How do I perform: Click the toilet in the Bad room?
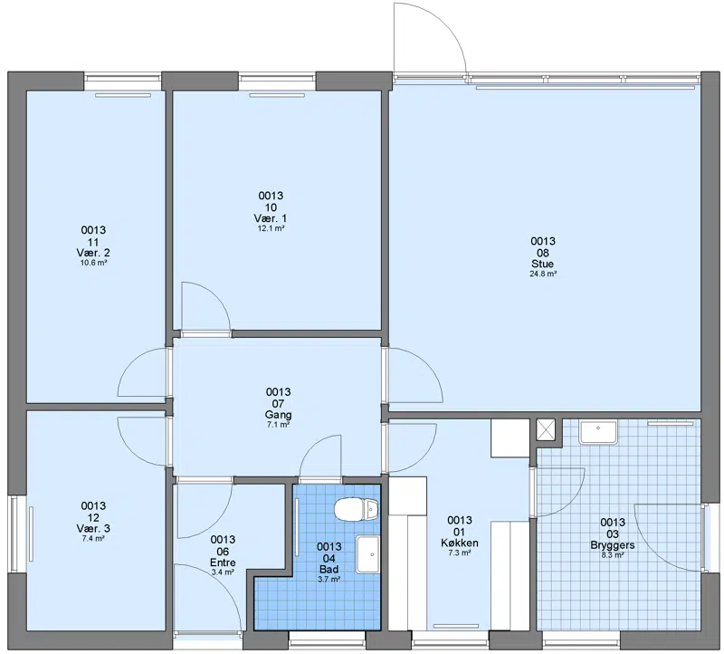click(x=356, y=509)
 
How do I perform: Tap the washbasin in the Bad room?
click(x=367, y=554)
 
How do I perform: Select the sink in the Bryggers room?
click(x=598, y=432)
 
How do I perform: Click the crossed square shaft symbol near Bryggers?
click(x=547, y=430)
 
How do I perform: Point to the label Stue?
click(x=542, y=264)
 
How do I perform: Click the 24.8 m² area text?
click(x=543, y=274)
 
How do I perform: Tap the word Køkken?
click(x=460, y=543)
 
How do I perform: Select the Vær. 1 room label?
click(x=271, y=218)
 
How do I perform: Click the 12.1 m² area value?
click(x=271, y=228)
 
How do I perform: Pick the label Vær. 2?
click(x=93, y=253)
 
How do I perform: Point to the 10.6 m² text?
click(x=94, y=263)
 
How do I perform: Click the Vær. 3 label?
click(x=93, y=528)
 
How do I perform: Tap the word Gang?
click(x=278, y=415)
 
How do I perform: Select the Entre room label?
click(x=223, y=563)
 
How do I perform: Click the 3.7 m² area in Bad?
click(x=329, y=579)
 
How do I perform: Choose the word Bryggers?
click(x=613, y=545)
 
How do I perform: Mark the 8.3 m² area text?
click(x=613, y=555)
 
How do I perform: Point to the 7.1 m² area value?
click(x=279, y=425)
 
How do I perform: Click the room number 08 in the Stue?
click(x=542, y=253)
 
